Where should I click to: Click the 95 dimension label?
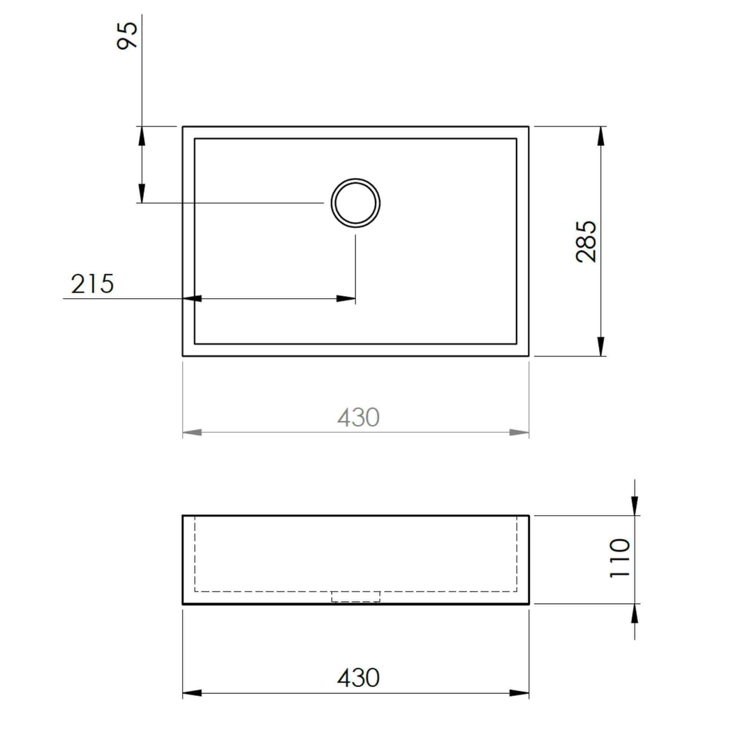tap(128, 35)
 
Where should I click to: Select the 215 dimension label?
tap(92, 284)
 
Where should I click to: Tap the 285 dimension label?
tap(586, 241)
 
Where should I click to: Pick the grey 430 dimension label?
tap(358, 417)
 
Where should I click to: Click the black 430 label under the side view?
tap(358, 677)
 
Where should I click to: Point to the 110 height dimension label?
tap(620, 557)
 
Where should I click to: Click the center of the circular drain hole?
tap(356, 203)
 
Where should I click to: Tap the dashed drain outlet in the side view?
tap(356, 596)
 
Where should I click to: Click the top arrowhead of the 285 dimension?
tap(600, 136)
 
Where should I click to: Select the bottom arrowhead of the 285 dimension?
tap(600, 346)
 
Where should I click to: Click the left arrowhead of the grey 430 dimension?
tap(192, 433)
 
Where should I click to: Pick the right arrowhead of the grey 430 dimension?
tap(519, 433)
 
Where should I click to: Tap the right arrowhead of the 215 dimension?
tap(346, 299)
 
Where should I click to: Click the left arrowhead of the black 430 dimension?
tap(192, 693)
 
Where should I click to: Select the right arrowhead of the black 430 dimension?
tap(519, 693)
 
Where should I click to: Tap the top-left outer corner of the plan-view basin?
tap(183, 127)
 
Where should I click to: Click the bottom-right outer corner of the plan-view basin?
tap(528, 355)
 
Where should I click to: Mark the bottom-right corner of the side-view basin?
tap(528, 603)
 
